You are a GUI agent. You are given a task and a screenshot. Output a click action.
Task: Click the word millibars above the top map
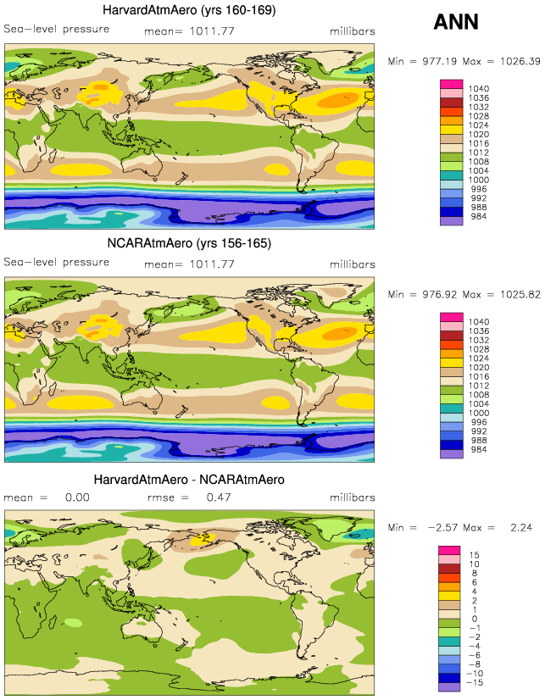point(352,31)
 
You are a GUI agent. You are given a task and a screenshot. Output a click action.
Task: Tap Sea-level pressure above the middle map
point(57,262)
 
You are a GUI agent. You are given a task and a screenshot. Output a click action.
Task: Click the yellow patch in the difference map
point(203,537)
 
